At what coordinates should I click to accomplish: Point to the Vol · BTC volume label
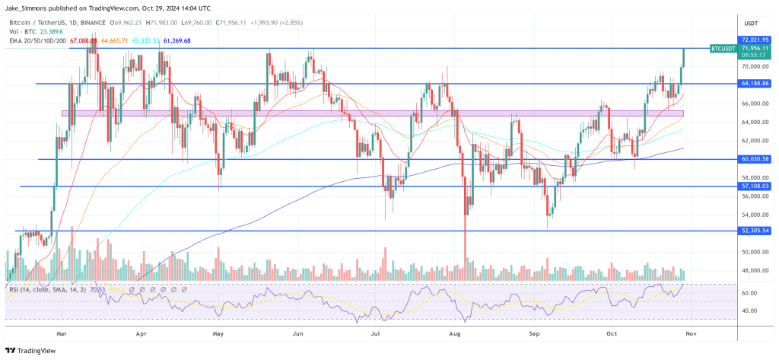coord(24,32)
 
